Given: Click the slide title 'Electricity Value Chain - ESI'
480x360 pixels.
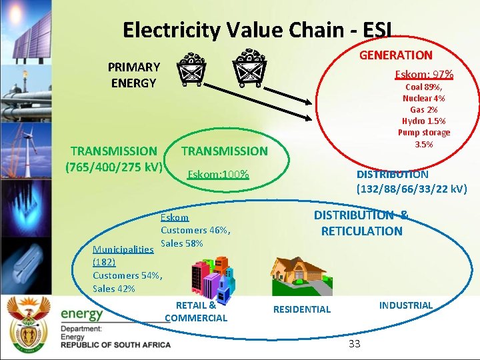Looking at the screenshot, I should (257, 30).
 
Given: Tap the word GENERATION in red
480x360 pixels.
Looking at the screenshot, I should (396, 55).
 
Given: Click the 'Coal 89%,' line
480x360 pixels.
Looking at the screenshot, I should (424, 87).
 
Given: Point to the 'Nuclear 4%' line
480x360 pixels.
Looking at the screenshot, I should (424, 98).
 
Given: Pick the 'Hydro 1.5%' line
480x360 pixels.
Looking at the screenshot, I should (424, 121).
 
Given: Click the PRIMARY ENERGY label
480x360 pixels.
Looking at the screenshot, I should (134, 75).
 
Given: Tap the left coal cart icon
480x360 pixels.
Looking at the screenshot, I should (191, 70).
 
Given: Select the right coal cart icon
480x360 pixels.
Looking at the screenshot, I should (250, 67).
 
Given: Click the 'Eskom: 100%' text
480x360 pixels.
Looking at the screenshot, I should (218, 175).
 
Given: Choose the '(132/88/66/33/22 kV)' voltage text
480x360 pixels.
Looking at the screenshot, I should (412, 189).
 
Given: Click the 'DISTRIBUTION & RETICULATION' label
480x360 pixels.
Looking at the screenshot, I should (361, 223).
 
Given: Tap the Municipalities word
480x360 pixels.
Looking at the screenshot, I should (123, 249).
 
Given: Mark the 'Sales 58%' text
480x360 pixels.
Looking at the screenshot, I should (182, 243).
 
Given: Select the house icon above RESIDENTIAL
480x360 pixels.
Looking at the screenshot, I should (300, 275).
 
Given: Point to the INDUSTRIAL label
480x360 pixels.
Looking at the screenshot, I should (405, 305).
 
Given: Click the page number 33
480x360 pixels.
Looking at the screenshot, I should (354, 344).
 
